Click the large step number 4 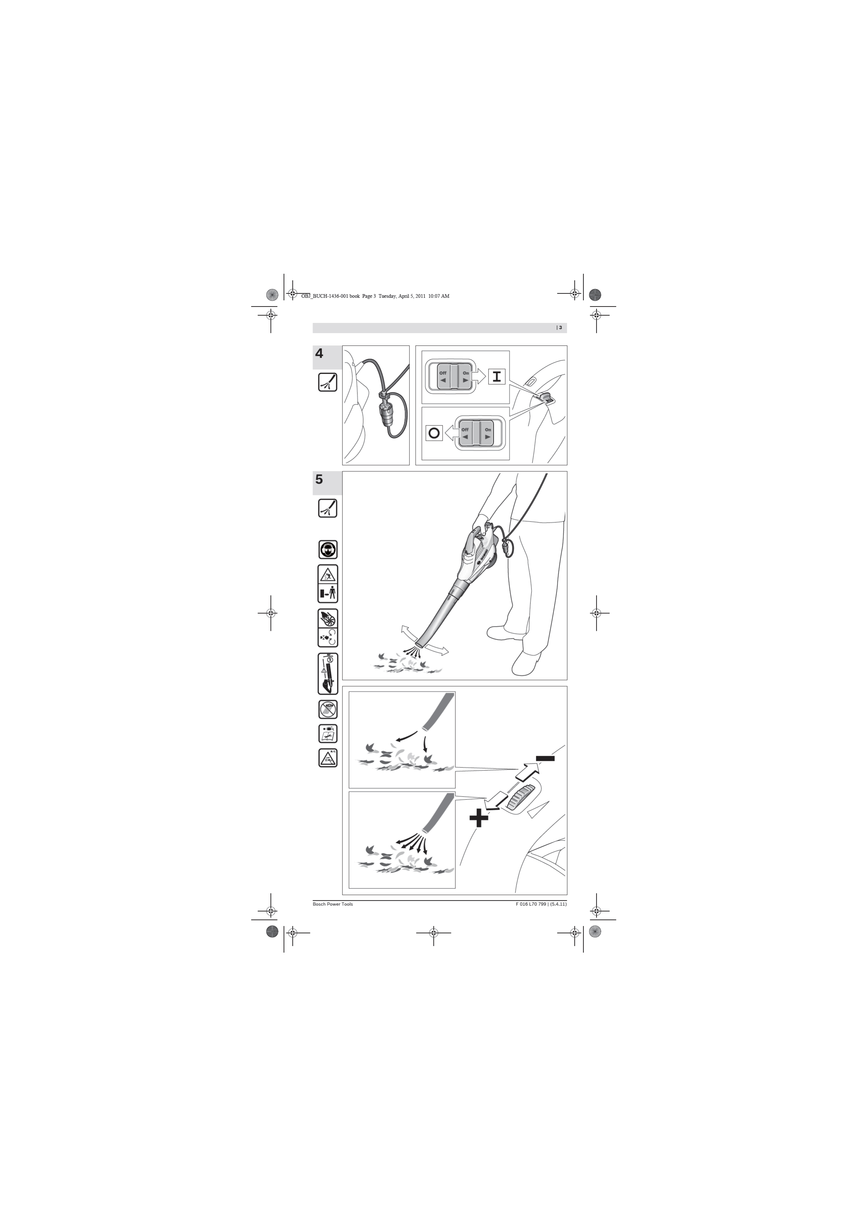319,353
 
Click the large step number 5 319,479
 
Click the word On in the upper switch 466,373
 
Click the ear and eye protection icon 328,549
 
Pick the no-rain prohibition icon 328,710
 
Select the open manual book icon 328,734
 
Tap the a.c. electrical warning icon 328,758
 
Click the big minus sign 545,758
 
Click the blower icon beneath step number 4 328,382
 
